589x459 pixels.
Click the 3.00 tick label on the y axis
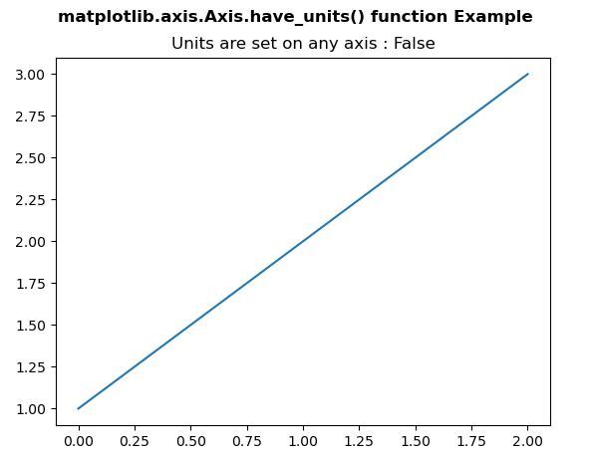pyautogui.click(x=30, y=75)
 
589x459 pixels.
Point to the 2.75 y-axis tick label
pyautogui.click(x=30, y=116)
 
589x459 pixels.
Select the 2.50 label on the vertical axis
pyautogui.click(x=30, y=158)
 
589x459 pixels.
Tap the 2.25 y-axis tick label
pyautogui.click(x=30, y=200)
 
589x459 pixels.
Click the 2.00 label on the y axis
pyautogui.click(x=30, y=241)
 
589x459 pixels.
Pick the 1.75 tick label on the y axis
pyautogui.click(x=30, y=284)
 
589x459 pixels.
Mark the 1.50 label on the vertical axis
pyautogui.click(x=30, y=325)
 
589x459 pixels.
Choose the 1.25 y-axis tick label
pyautogui.click(x=30, y=367)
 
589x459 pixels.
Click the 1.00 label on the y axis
pyautogui.click(x=30, y=408)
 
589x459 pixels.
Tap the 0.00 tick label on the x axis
pyautogui.click(x=79, y=441)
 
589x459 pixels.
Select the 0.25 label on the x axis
pyautogui.click(x=135, y=441)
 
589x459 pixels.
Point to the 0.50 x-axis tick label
pyautogui.click(x=190, y=441)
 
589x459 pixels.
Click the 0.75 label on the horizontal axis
pyautogui.click(x=247, y=441)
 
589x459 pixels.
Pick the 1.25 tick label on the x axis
pyautogui.click(x=359, y=441)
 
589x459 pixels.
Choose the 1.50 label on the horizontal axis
pyautogui.click(x=416, y=441)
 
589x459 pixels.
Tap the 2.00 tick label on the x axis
pyautogui.click(x=528, y=441)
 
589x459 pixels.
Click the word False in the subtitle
pyautogui.click(x=415, y=43)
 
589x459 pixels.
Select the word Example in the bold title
pyautogui.click(x=493, y=17)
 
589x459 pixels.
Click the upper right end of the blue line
pyautogui.click(x=528, y=74)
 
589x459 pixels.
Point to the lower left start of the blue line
pyautogui.click(x=78, y=408)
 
